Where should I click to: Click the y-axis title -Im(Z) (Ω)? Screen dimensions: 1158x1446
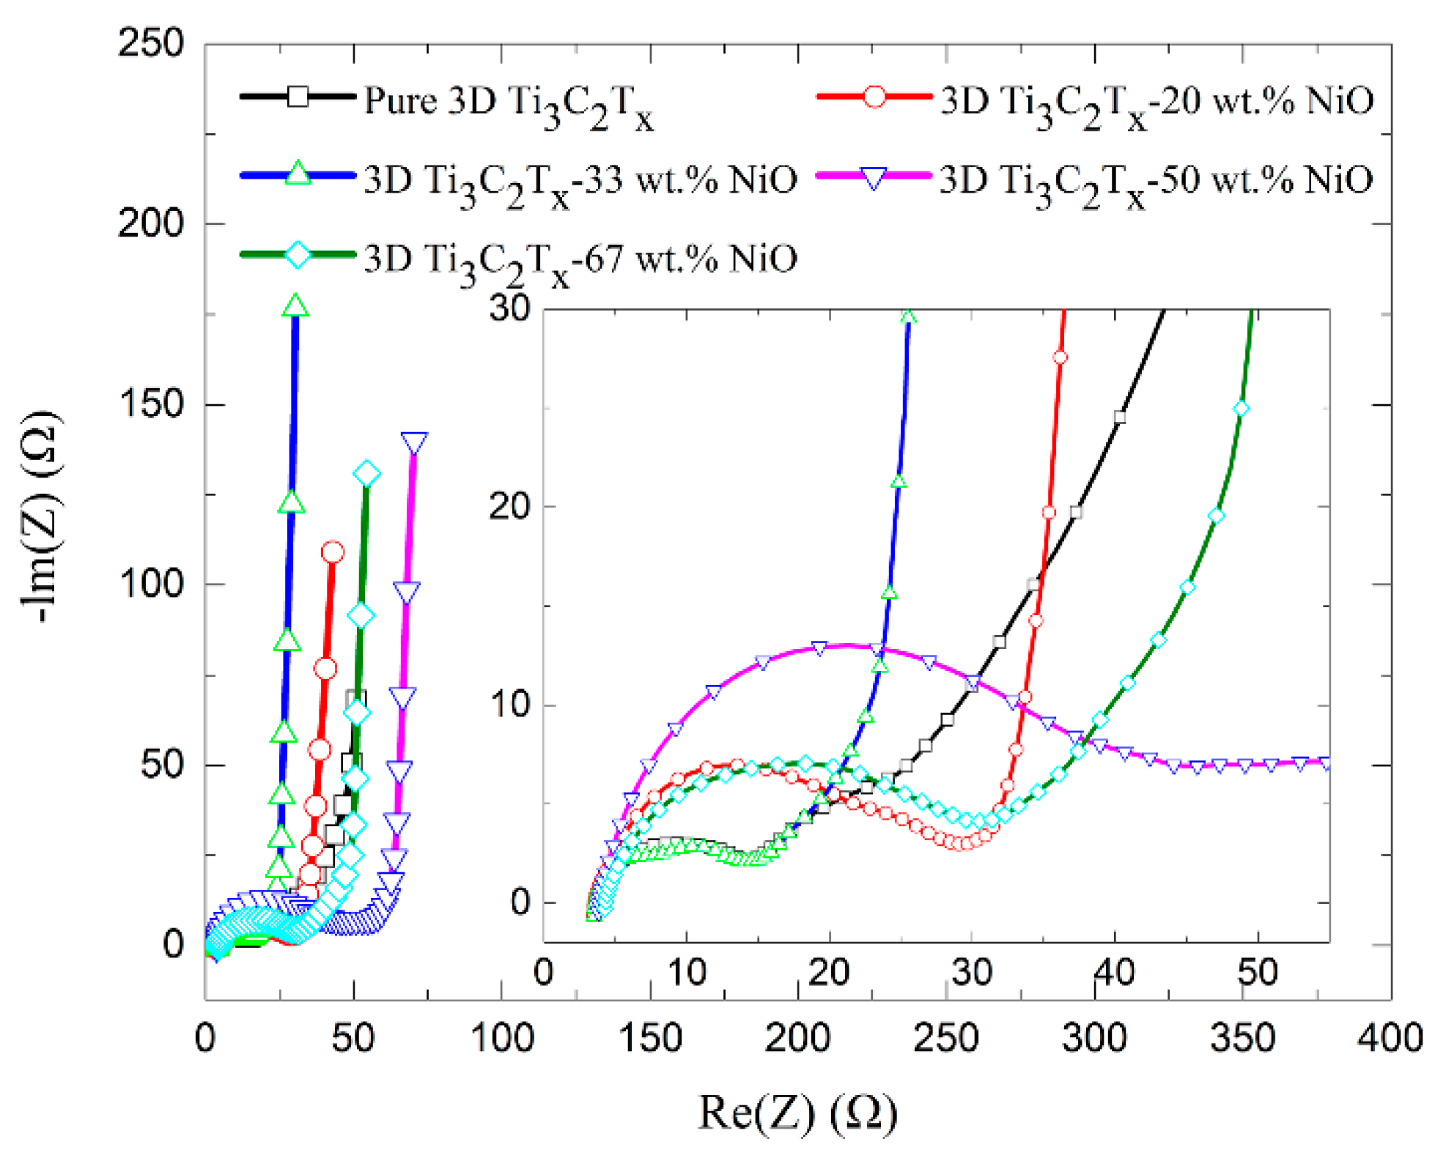(x=42, y=517)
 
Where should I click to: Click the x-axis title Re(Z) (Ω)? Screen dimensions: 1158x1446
(x=797, y=1113)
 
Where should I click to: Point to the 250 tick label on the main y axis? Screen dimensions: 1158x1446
(x=150, y=44)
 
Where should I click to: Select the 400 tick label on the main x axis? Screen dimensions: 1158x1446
(x=1390, y=1038)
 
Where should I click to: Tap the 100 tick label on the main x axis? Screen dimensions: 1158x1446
(x=502, y=1038)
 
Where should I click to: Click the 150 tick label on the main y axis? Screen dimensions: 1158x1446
(x=150, y=404)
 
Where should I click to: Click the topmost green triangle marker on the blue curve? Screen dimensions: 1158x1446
(x=295, y=305)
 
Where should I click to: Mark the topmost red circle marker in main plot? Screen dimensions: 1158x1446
(x=333, y=552)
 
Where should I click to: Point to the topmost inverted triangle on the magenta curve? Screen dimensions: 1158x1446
(x=414, y=442)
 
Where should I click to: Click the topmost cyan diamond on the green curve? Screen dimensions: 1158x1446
(x=366, y=474)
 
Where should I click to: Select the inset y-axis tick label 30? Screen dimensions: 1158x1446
(x=510, y=308)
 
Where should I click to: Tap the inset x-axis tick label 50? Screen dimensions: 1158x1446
(x=1258, y=973)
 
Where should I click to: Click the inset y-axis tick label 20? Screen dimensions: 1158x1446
(x=510, y=506)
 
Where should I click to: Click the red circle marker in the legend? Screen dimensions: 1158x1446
(x=874, y=97)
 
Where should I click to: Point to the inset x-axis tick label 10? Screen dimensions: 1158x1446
(x=686, y=973)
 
